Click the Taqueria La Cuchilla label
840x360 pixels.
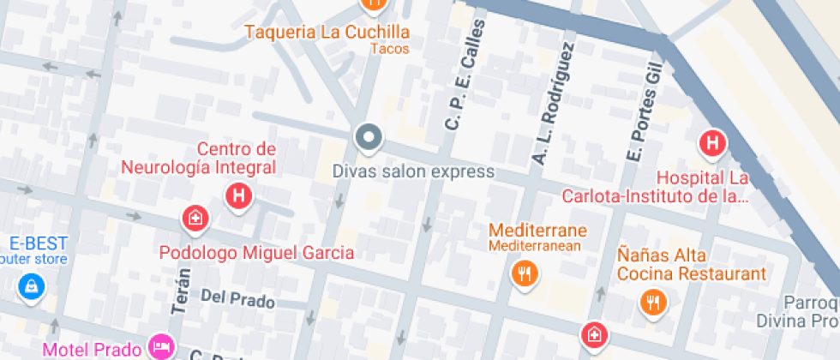click(x=327, y=33)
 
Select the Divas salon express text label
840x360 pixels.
click(x=413, y=171)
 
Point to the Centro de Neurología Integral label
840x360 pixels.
click(x=199, y=158)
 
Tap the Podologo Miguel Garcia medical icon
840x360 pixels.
click(x=195, y=218)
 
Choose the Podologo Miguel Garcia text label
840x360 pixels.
click(x=257, y=253)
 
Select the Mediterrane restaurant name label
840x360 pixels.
click(x=537, y=231)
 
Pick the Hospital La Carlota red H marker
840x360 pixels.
click(x=711, y=142)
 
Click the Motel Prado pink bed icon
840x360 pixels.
click(x=160, y=346)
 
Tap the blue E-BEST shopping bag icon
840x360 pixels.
click(x=31, y=286)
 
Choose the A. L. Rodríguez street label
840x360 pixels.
click(x=552, y=101)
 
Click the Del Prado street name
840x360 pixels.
click(x=237, y=300)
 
